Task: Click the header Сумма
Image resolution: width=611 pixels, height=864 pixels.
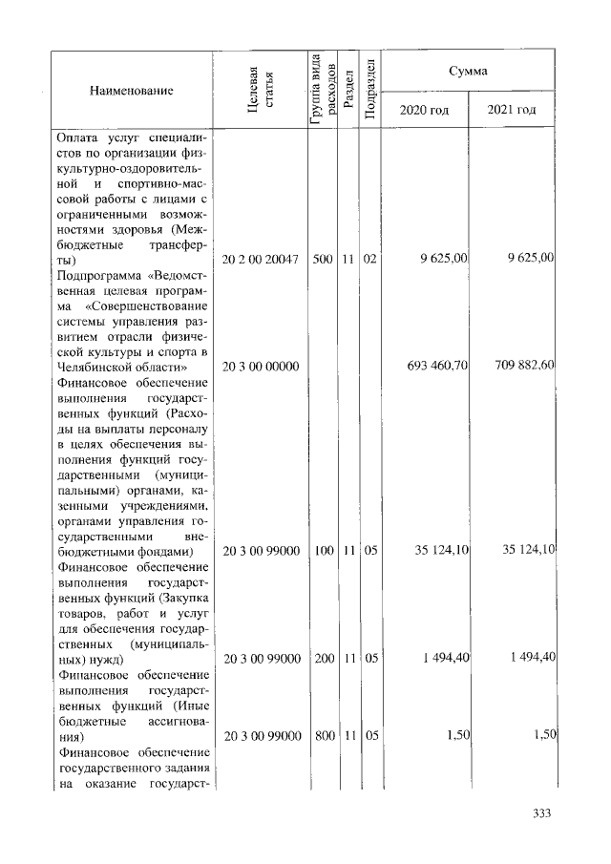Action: click(469, 72)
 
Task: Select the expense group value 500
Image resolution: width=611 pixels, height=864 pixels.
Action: click(322, 259)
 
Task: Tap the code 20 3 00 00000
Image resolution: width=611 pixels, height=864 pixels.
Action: click(261, 367)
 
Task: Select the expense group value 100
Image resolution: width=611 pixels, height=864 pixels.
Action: click(322, 551)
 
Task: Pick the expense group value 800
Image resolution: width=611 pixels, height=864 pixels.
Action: click(322, 736)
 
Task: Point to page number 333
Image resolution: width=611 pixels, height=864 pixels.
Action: click(542, 813)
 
